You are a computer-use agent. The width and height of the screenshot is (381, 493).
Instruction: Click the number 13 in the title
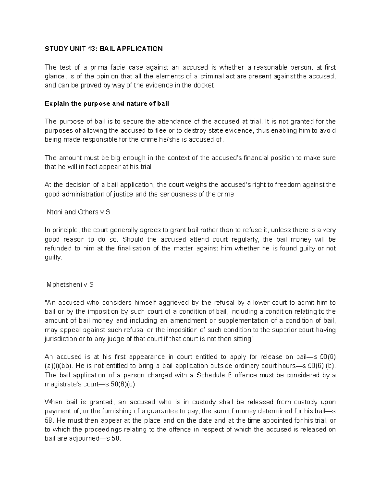pyautogui.click(x=92, y=49)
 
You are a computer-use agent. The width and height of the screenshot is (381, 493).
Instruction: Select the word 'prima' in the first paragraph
pyautogui.click(x=99, y=67)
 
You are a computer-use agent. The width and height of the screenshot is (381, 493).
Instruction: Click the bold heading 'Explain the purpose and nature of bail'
pyautogui.click(x=107, y=104)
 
